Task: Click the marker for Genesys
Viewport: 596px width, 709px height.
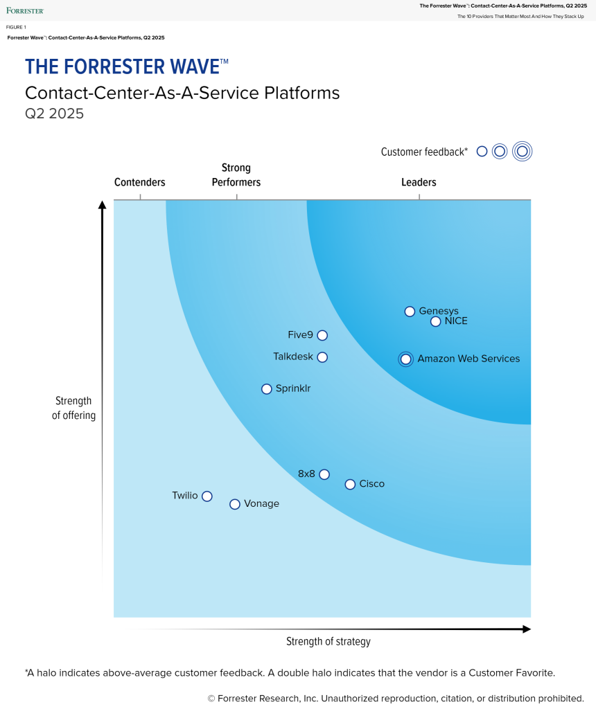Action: tap(410, 312)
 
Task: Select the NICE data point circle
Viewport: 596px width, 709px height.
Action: tap(435, 321)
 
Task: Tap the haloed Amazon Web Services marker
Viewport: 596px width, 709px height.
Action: tap(405, 359)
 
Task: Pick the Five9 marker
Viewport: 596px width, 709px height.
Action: tap(322, 335)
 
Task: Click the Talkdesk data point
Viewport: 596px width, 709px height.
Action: tap(322, 357)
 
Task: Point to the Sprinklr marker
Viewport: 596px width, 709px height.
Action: tap(266, 389)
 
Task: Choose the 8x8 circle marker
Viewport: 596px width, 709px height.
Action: tap(324, 474)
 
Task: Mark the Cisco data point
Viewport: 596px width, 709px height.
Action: tap(350, 485)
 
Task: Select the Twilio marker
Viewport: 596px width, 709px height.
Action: tap(207, 496)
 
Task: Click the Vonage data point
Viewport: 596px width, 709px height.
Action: tap(235, 504)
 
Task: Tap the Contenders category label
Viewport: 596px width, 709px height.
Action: tap(140, 183)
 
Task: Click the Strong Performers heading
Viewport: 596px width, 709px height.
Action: tap(236, 175)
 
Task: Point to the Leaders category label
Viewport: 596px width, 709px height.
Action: tap(419, 183)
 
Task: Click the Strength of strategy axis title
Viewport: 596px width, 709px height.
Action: tap(328, 642)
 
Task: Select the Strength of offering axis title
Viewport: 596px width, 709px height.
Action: tap(74, 409)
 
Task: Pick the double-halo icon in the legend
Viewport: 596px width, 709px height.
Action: tap(523, 151)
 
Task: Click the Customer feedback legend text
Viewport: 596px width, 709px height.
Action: tap(424, 152)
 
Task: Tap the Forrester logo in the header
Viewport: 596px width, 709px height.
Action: tap(25, 10)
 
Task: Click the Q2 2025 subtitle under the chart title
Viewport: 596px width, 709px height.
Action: tap(54, 114)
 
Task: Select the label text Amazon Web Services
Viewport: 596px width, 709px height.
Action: tap(468, 359)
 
